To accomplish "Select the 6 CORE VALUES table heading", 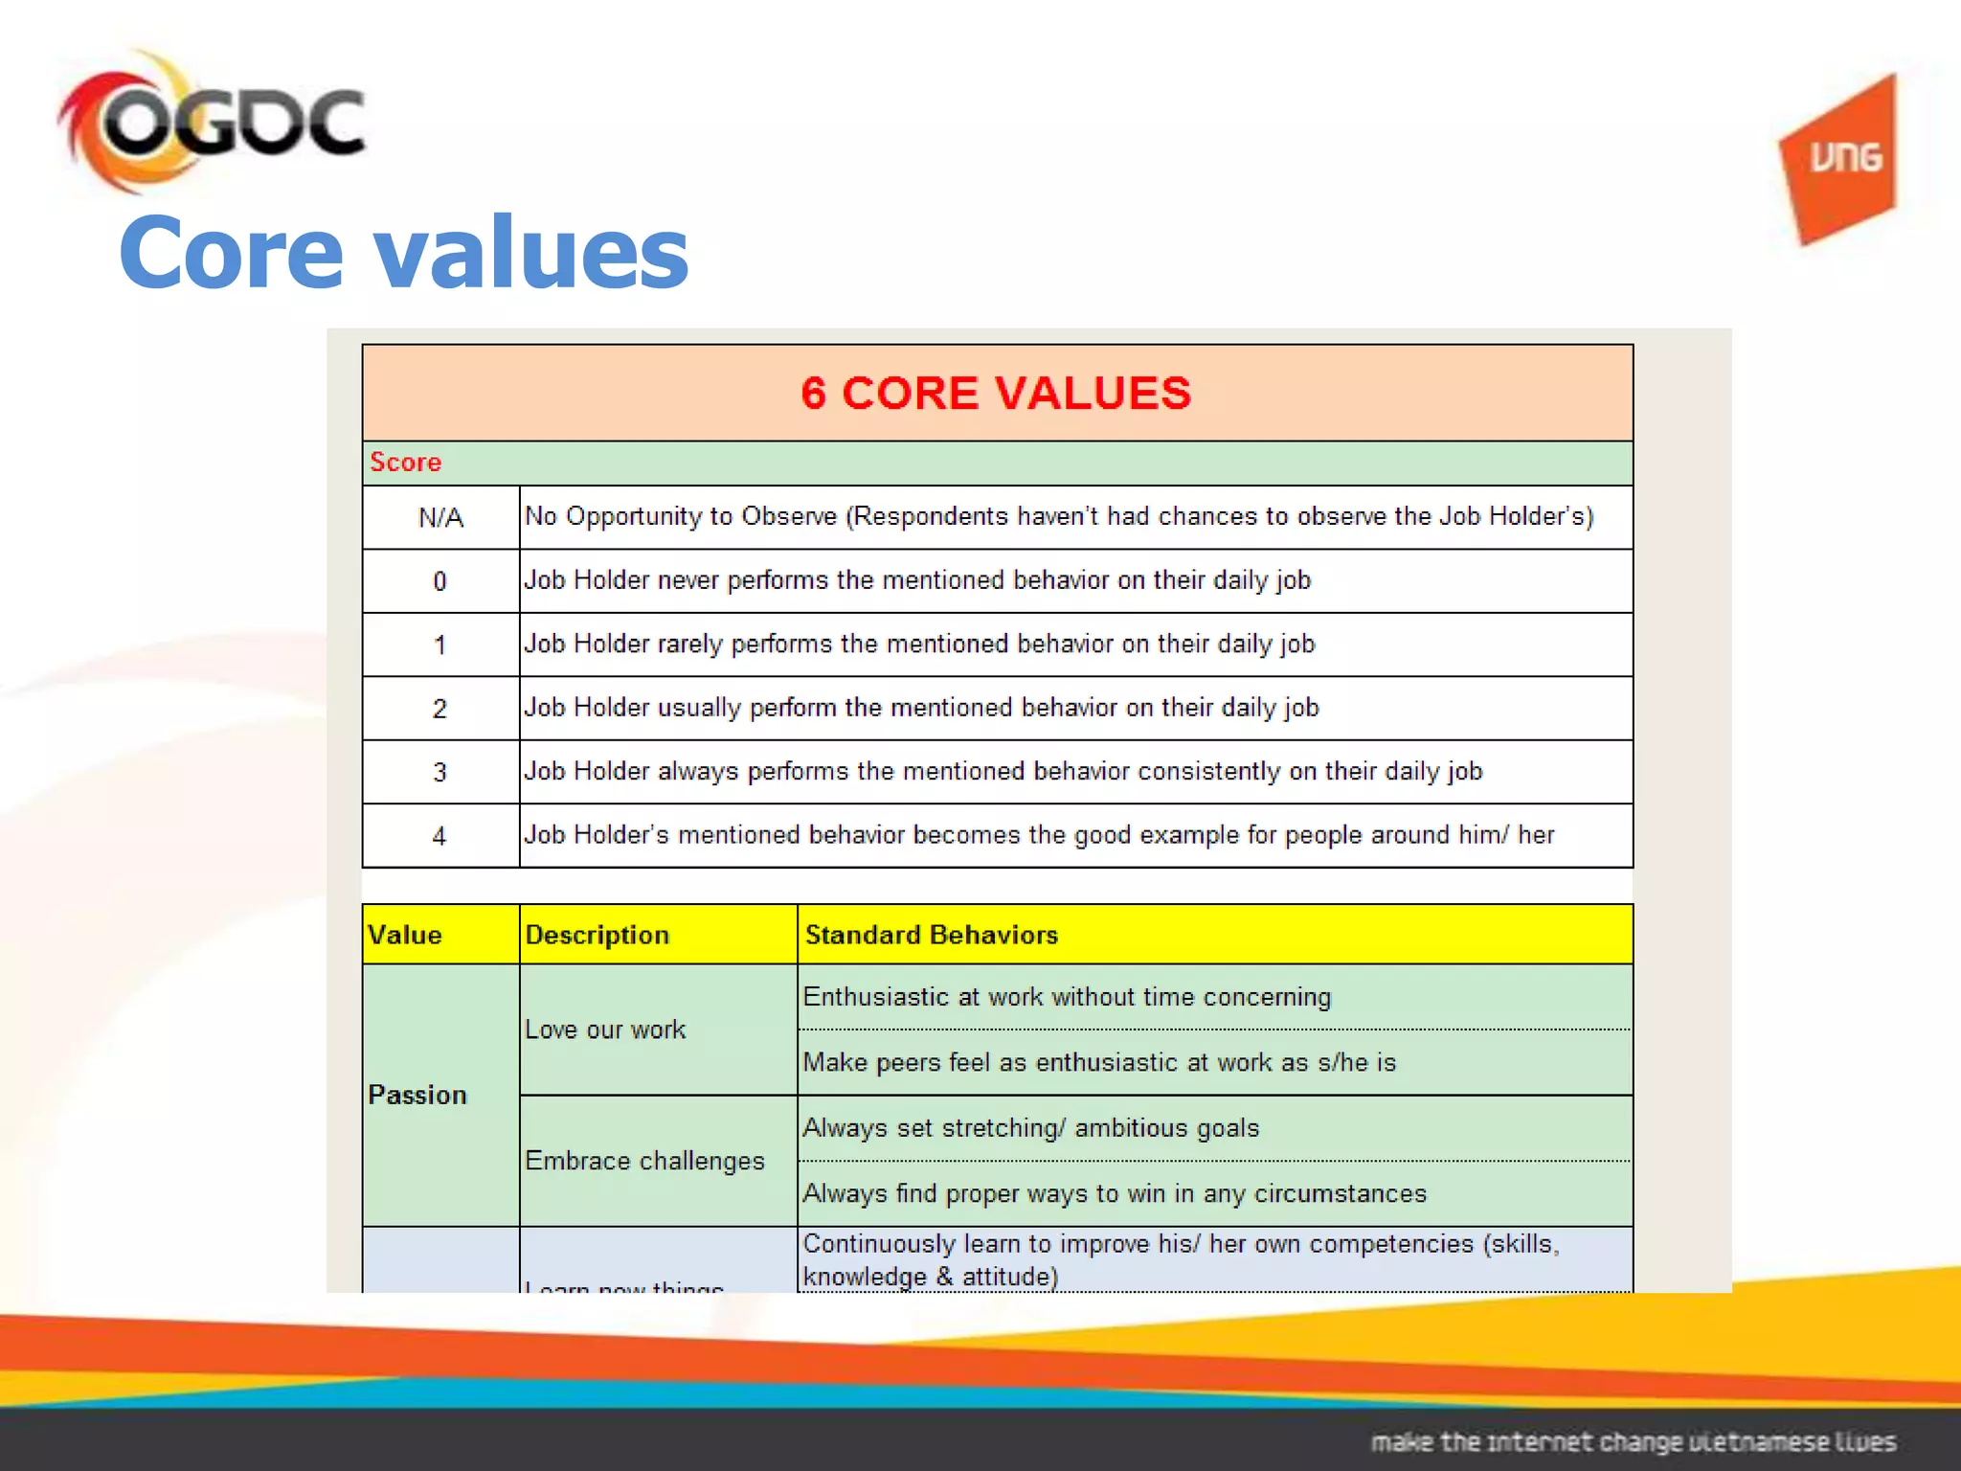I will point(996,393).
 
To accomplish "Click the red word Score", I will point(406,462).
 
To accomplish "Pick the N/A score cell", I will point(440,518).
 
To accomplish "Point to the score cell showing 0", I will point(440,581).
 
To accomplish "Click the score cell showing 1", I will point(440,645).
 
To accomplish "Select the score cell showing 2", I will point(440,709).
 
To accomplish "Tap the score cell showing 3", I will point(440,772).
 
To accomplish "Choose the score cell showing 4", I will point(440,836).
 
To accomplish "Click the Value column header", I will point(405,935).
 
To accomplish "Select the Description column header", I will point(597,935).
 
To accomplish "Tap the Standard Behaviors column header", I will point(932,935).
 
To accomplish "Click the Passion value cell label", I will point(417,1095).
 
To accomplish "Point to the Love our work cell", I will point(605,1030).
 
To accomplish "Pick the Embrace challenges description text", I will point(644,1161).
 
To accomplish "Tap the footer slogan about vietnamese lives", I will point(1633,1441).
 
